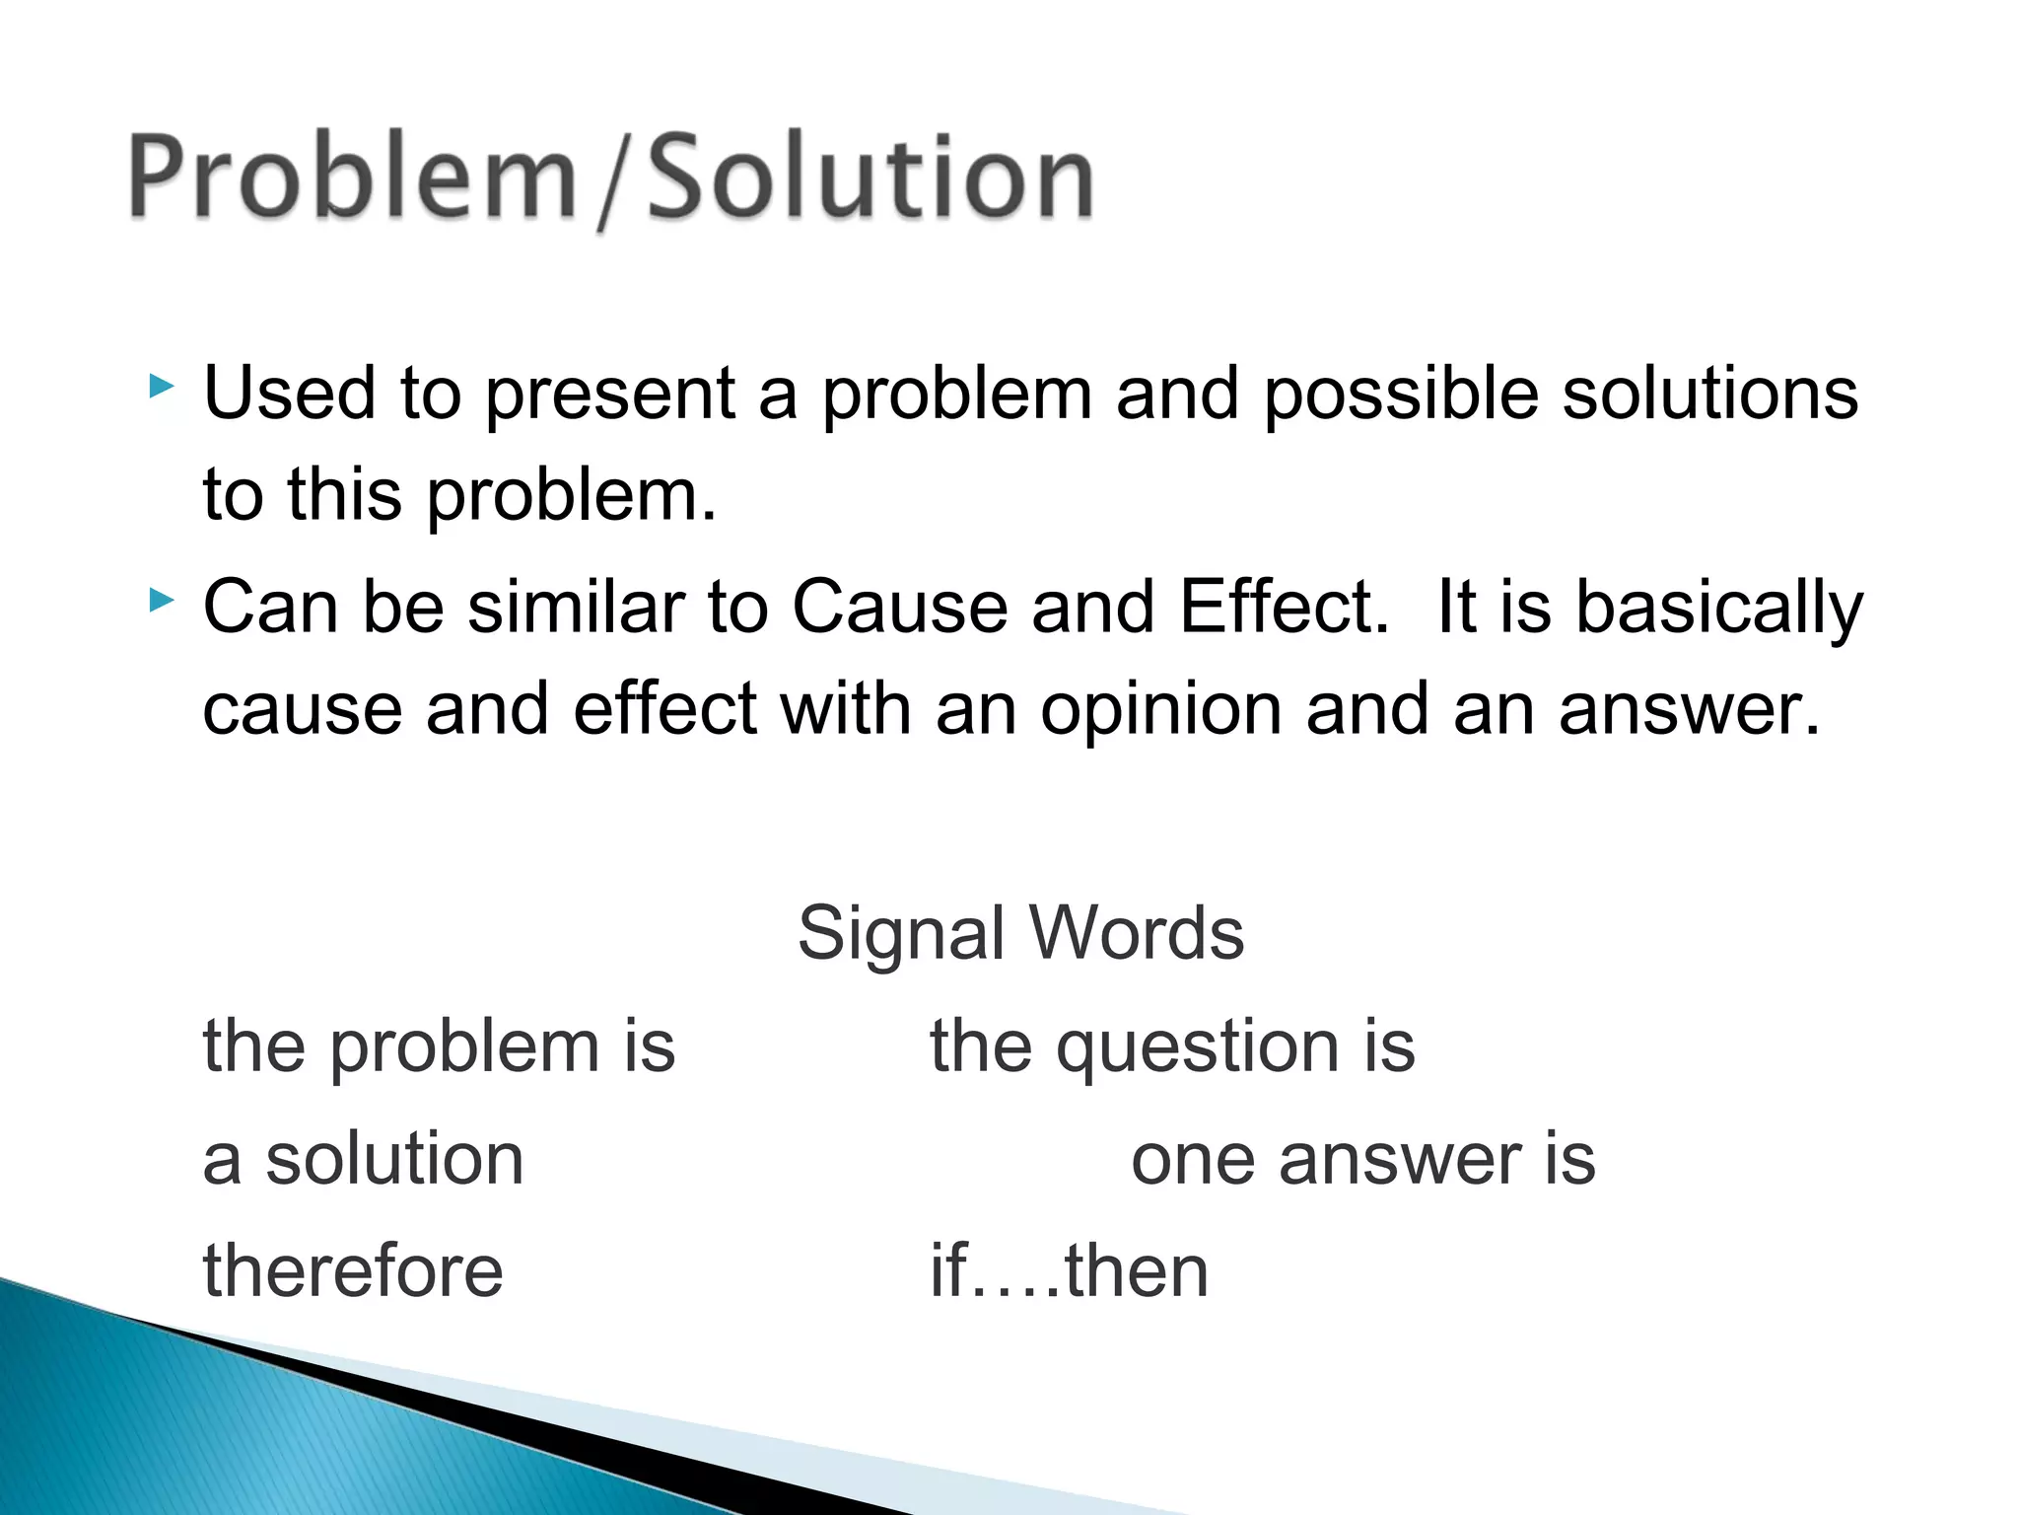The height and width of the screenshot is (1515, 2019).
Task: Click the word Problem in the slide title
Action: click(x=352, y=178)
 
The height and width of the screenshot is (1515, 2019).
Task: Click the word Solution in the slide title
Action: click(x=870, y=178)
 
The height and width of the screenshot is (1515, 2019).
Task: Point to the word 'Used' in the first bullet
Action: click(x=289, y=394)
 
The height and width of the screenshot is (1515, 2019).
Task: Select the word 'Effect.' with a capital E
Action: click(x=1284, y=607)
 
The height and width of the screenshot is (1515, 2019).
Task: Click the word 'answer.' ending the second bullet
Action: click(x=1689, y=710)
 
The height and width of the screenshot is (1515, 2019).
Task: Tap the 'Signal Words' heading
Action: click(x=1020, y=933)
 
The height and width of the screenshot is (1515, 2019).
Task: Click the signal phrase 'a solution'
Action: click(x=363, y=1159)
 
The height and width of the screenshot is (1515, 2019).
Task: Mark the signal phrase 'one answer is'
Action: click(x=1362, y=1159)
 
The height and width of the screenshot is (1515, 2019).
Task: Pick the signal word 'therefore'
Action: click(x=353, y=1270)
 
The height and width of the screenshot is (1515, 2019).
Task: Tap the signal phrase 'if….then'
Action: click(x=1069, y=1270)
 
